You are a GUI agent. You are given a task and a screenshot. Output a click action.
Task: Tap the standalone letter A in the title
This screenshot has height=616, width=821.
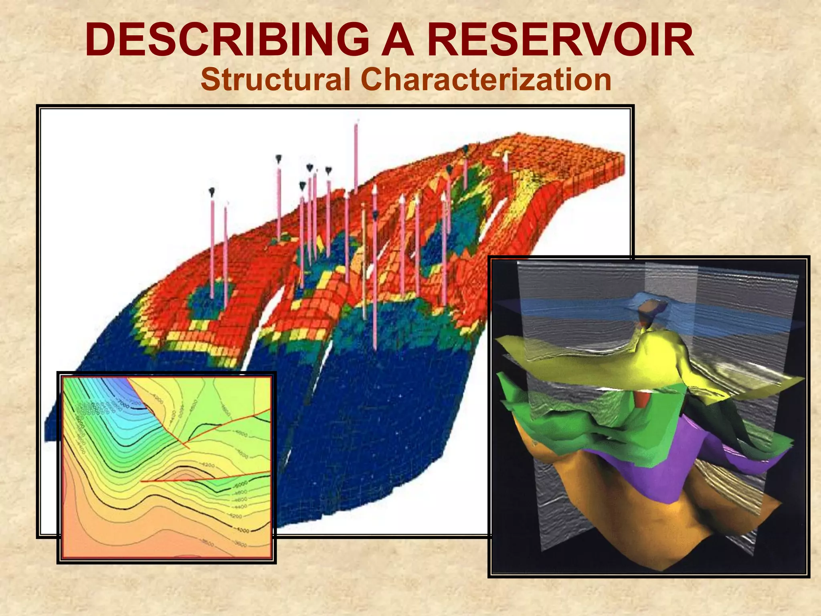tap(397, 41)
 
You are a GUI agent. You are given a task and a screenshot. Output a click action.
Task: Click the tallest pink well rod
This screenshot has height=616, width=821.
tap(356, 160)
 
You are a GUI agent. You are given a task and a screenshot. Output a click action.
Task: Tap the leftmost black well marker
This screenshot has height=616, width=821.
tap(212, 192)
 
